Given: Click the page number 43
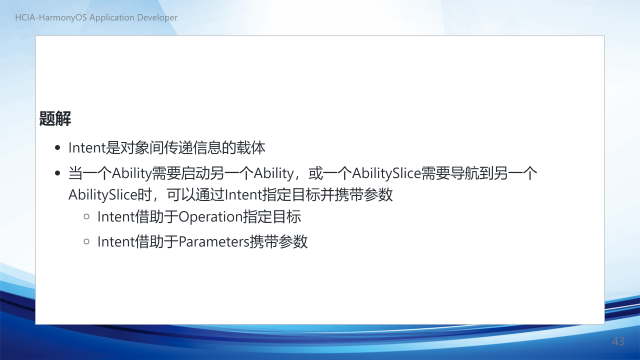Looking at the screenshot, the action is pyautogui.click(x=618, y=341).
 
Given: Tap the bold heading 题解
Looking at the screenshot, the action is pyautogui.click(x=55, y=118).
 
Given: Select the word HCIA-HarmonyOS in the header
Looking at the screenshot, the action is pyautogui.click(x=51, y=17).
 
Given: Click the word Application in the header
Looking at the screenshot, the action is pyautogui.click(x=112, y=17).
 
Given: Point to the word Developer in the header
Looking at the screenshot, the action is pyautogui.click(x=157, y=17).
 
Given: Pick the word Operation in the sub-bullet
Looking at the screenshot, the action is pyautogui.click(x=210, y=217).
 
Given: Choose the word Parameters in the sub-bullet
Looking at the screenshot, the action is pyautogui.click(x=214, y=241).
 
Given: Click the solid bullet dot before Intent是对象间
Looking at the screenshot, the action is pyautogui.click(x=57, y=147).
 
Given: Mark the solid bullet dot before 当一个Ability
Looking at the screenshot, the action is pyautogui.click(x=57, y=173).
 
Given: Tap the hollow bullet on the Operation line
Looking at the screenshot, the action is pyautogui.click(x=86, y=216).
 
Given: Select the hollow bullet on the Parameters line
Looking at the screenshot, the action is pyautogui.click(x=86, y=241).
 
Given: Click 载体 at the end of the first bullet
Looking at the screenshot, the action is pyautogui.click(x=251, y=147).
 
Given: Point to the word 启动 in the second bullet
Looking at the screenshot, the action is pyautogui.click(x=195, y=173).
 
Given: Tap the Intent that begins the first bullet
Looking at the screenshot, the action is pyautogui.click(x=87, y=148).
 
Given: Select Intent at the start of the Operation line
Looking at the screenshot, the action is pyautogui.click(x=116, y=217).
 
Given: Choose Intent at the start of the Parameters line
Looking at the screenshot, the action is pyautogui.click(x=116, y=241).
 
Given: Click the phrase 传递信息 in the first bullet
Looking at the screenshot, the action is pyautogui.click(x=193, y=147).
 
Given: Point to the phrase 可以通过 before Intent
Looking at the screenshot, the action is pyautogui.click(x=195, y=195).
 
